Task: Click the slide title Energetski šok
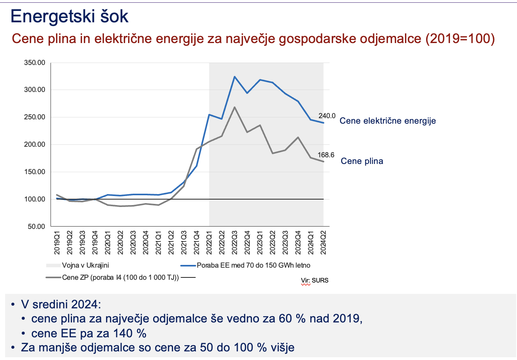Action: (69, 17)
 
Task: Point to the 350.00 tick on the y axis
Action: (35, 63)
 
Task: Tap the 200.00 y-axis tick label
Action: (35, 145)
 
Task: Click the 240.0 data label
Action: (327, 116)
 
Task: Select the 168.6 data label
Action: (326, 155)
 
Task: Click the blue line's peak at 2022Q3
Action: (234, 77)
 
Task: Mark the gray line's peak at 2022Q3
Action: (234, 107)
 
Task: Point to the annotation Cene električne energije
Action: (387, 121)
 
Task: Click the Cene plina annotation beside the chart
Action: (362, 161)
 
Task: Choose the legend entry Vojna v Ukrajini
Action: (85, 265)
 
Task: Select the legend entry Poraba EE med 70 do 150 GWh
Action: (253, 265)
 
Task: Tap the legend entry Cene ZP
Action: (120, 278)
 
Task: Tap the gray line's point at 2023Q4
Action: (298, 137)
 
